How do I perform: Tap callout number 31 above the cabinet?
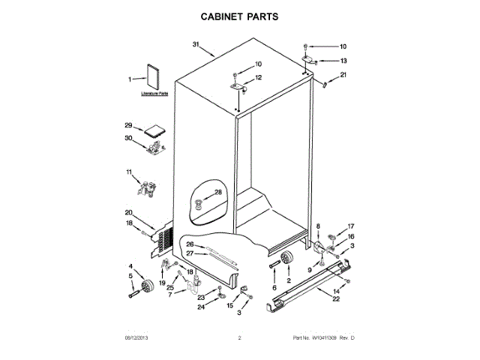(197, 46)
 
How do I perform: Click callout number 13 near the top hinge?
(343, 60)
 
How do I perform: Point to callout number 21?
(343, 74)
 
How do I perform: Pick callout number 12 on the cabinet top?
(258, 77)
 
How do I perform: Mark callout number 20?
(128, 212)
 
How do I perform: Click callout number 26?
(190, 244)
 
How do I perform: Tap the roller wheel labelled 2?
(285, 259)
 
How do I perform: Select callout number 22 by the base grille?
(335, 299)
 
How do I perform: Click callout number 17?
(349, 226)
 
